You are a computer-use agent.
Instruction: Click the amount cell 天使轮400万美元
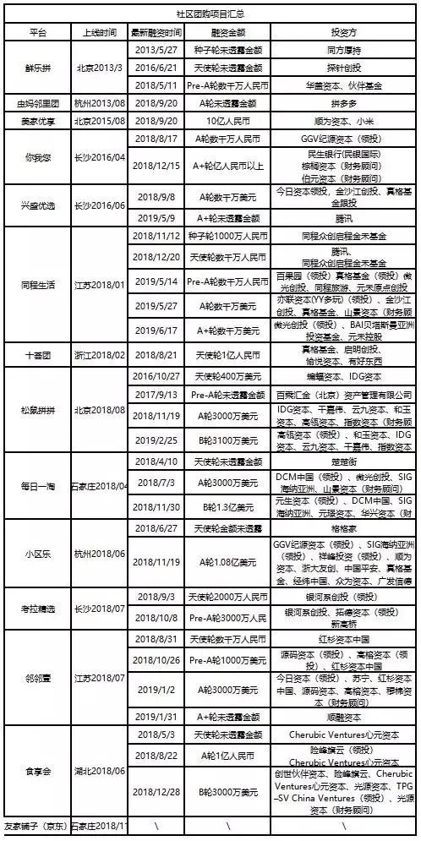coord(227,376)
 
